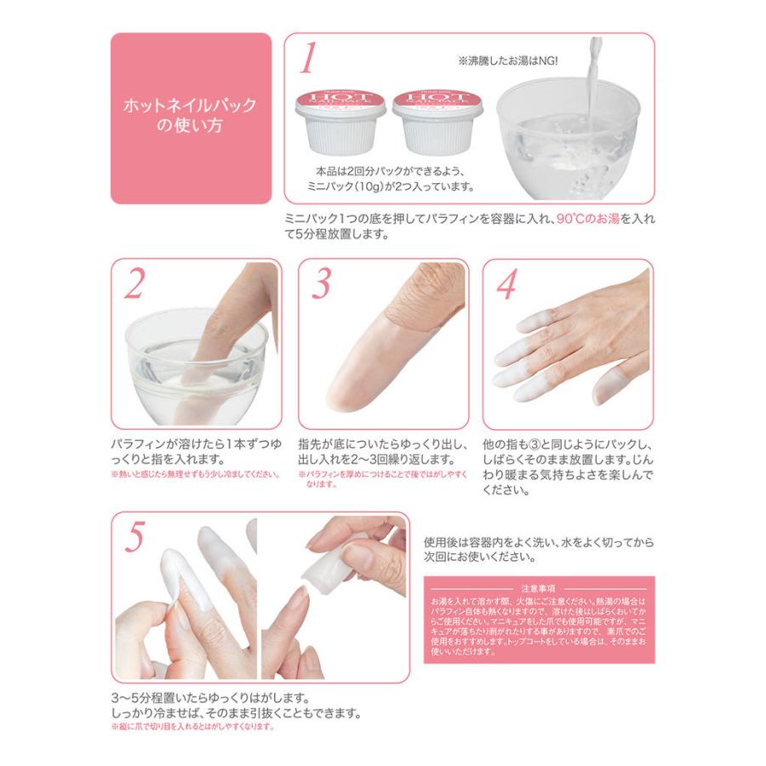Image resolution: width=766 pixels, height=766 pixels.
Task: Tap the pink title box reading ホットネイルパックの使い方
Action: coord(191,118)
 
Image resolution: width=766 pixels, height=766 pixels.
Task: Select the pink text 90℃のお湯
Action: coord(595,218)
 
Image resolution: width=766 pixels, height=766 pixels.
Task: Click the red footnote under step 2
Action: coord(196,475)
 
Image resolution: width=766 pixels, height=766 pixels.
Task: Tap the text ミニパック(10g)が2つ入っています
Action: coord(391,185)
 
